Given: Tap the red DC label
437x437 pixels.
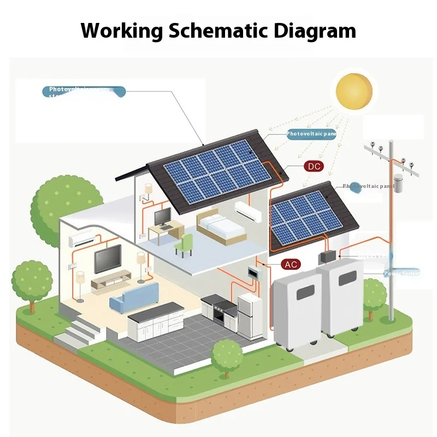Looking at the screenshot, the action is click(314, 166).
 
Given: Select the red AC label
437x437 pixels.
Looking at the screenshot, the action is click(291, 264).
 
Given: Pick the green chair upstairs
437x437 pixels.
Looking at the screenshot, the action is click(185, 244).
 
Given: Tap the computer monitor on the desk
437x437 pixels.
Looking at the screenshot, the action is click(163, 217).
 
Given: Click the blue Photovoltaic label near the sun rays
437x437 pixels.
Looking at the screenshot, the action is click(311, 133).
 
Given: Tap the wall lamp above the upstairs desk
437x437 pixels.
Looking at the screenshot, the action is click(147, 189).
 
